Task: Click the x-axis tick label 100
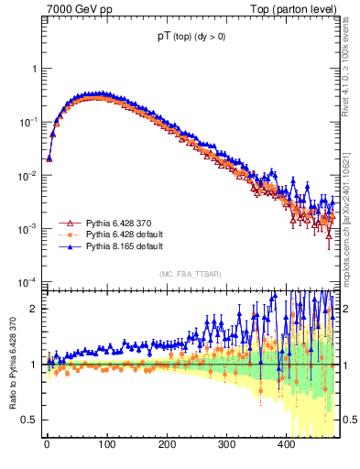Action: tap(106, 444)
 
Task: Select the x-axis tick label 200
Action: tap(167, 444)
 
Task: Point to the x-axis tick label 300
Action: tap(226, 444)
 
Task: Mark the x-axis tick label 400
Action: tap(287, 444)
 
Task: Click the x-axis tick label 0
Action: tap(46, 444)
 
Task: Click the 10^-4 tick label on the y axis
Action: tap(28, 281)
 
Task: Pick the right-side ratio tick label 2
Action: tap(348, 309)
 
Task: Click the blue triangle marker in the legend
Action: tap(68, 246)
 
